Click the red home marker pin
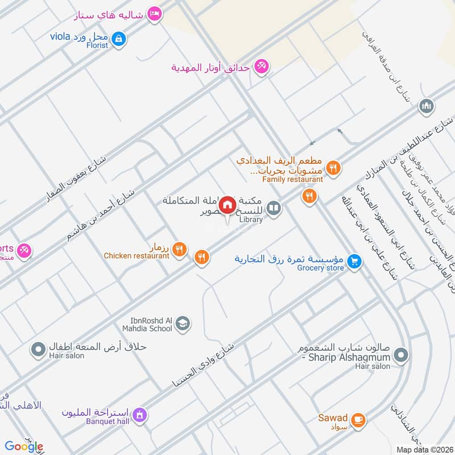tap(227, 205)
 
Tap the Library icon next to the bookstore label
tap(274, 209)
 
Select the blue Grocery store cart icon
tap(355, 261)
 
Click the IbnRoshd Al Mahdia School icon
tap(183, 324)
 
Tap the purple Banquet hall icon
tap(139, 416)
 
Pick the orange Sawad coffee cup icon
tap(358, 420)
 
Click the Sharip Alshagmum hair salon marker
tap(401, 355)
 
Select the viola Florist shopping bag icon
tap(118, 39)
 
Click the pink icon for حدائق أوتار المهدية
tap(262, 67)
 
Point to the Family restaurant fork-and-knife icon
tap(334, 167)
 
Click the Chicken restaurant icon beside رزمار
tap(180, 249)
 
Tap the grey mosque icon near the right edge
tap(427, 106)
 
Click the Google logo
tap(24, 446)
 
